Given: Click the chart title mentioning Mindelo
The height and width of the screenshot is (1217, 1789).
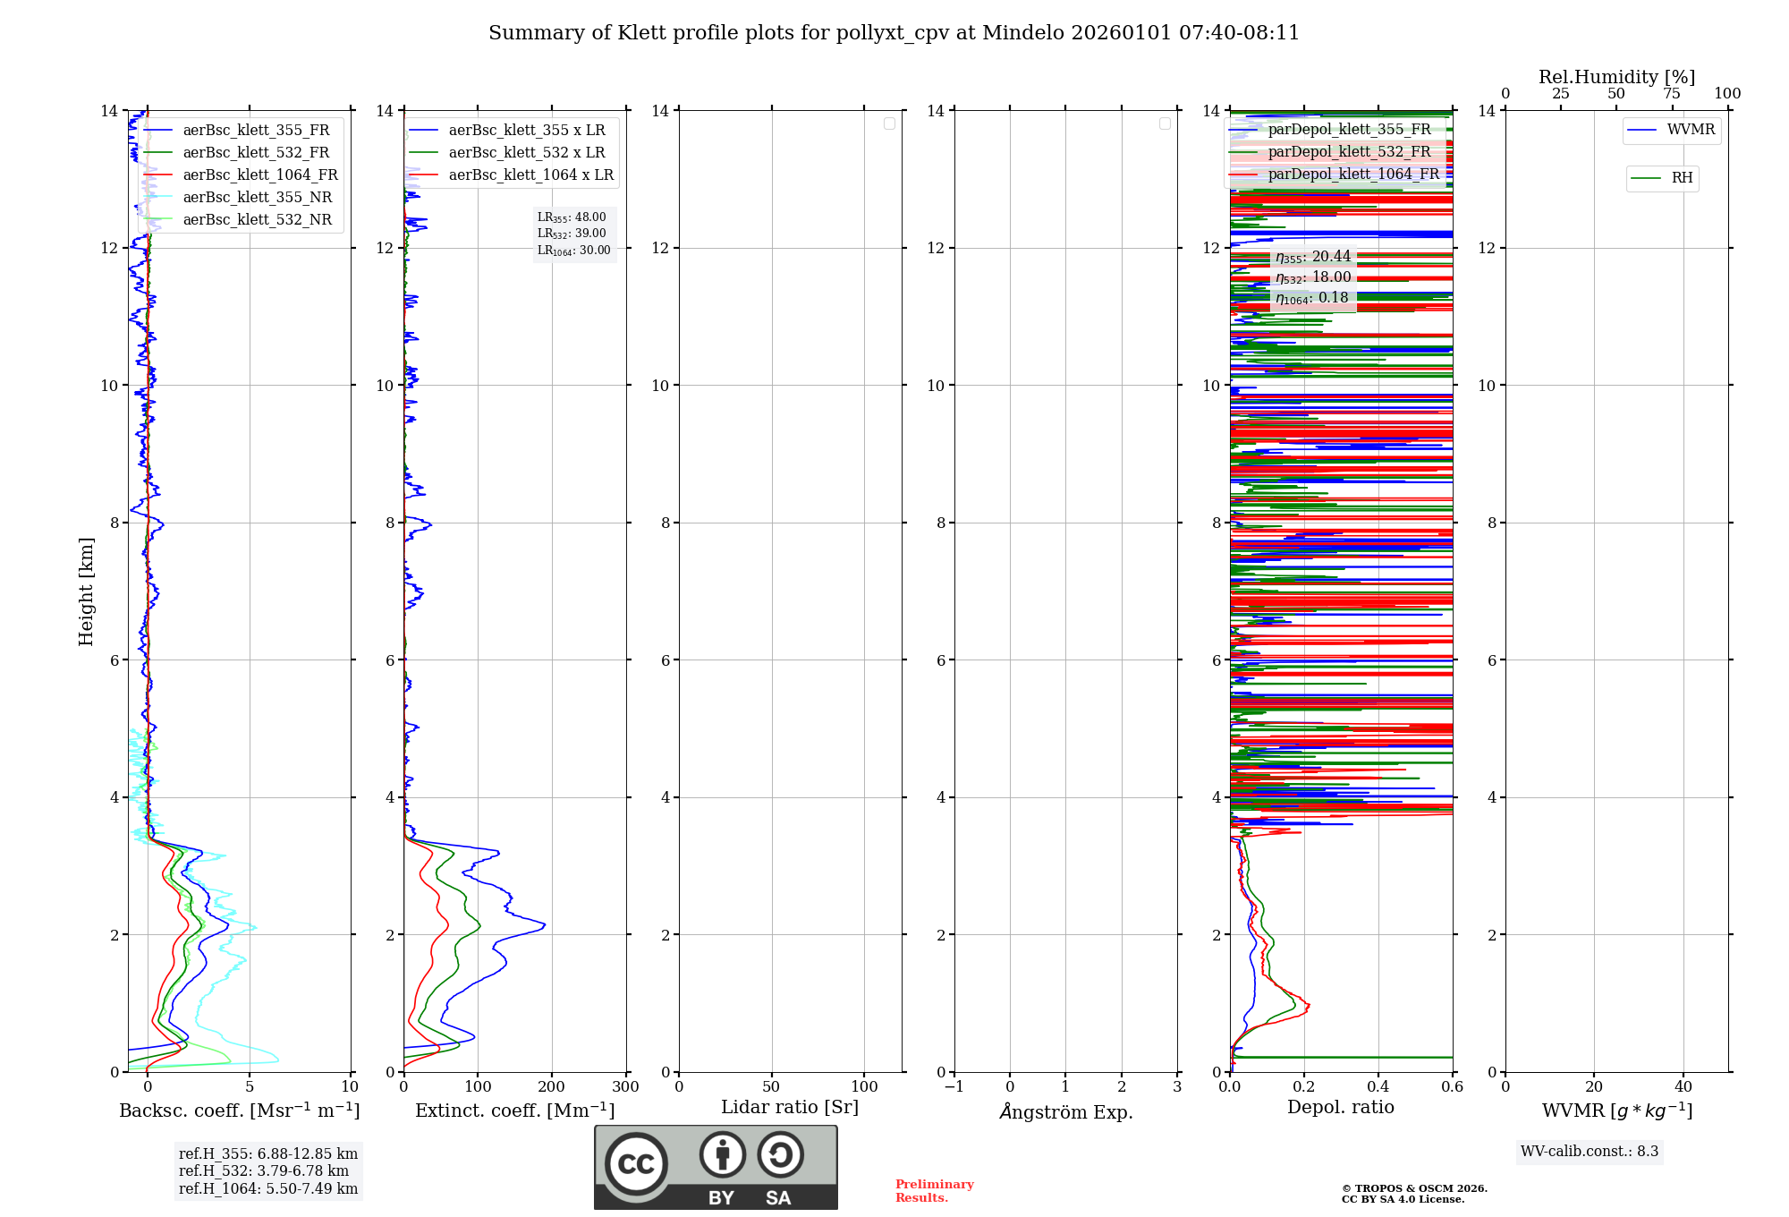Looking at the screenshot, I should (894, 33).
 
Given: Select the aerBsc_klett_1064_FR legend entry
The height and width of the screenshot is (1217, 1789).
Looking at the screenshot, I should (259, 175).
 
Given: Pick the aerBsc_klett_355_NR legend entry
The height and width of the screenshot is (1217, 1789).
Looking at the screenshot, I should (257, 198).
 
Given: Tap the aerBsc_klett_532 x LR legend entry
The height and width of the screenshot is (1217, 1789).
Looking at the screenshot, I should (526, 153).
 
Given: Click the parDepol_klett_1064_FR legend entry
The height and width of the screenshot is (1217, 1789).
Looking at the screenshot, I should (1352, 174).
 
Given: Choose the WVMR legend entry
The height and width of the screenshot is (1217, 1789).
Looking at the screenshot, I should (1690, 130).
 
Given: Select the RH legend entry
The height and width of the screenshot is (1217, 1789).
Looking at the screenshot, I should (1681, 178).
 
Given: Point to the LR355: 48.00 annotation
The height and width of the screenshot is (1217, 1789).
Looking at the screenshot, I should (572, 217).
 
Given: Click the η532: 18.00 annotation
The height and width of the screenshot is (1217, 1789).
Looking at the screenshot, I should (1312, 277).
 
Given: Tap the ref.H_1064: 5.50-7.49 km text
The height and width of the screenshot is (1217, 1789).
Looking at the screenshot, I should (268, 1188).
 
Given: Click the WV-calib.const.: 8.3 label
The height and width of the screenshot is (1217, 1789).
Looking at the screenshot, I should (1590, 1151).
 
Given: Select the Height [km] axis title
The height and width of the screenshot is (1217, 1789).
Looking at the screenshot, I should (86, 591).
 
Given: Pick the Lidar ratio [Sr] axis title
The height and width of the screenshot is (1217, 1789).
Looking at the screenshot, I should (790, 1108).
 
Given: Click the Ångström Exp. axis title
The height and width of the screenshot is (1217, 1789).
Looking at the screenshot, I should (1065, 1111).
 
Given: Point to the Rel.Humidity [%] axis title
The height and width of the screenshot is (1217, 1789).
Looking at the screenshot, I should (1616, 77).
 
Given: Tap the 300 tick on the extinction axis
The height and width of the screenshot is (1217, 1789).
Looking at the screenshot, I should (625, 1087).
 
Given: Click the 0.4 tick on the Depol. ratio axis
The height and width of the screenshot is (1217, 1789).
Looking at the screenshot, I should (1378, 1087).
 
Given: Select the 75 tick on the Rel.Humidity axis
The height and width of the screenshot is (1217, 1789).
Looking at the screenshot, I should (1672, 94).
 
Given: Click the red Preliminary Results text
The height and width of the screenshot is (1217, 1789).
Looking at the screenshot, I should (934, 1191).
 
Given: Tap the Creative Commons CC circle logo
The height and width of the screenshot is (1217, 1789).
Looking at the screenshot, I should (636, 1164).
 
